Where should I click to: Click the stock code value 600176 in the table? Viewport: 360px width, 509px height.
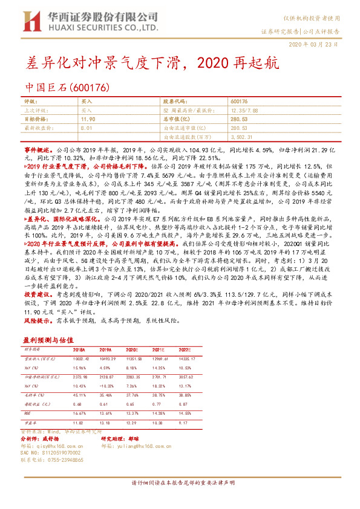pos(239,103)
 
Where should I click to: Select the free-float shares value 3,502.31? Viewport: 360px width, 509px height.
pos(243,137)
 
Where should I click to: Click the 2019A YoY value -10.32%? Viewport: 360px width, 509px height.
pos(106,385)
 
